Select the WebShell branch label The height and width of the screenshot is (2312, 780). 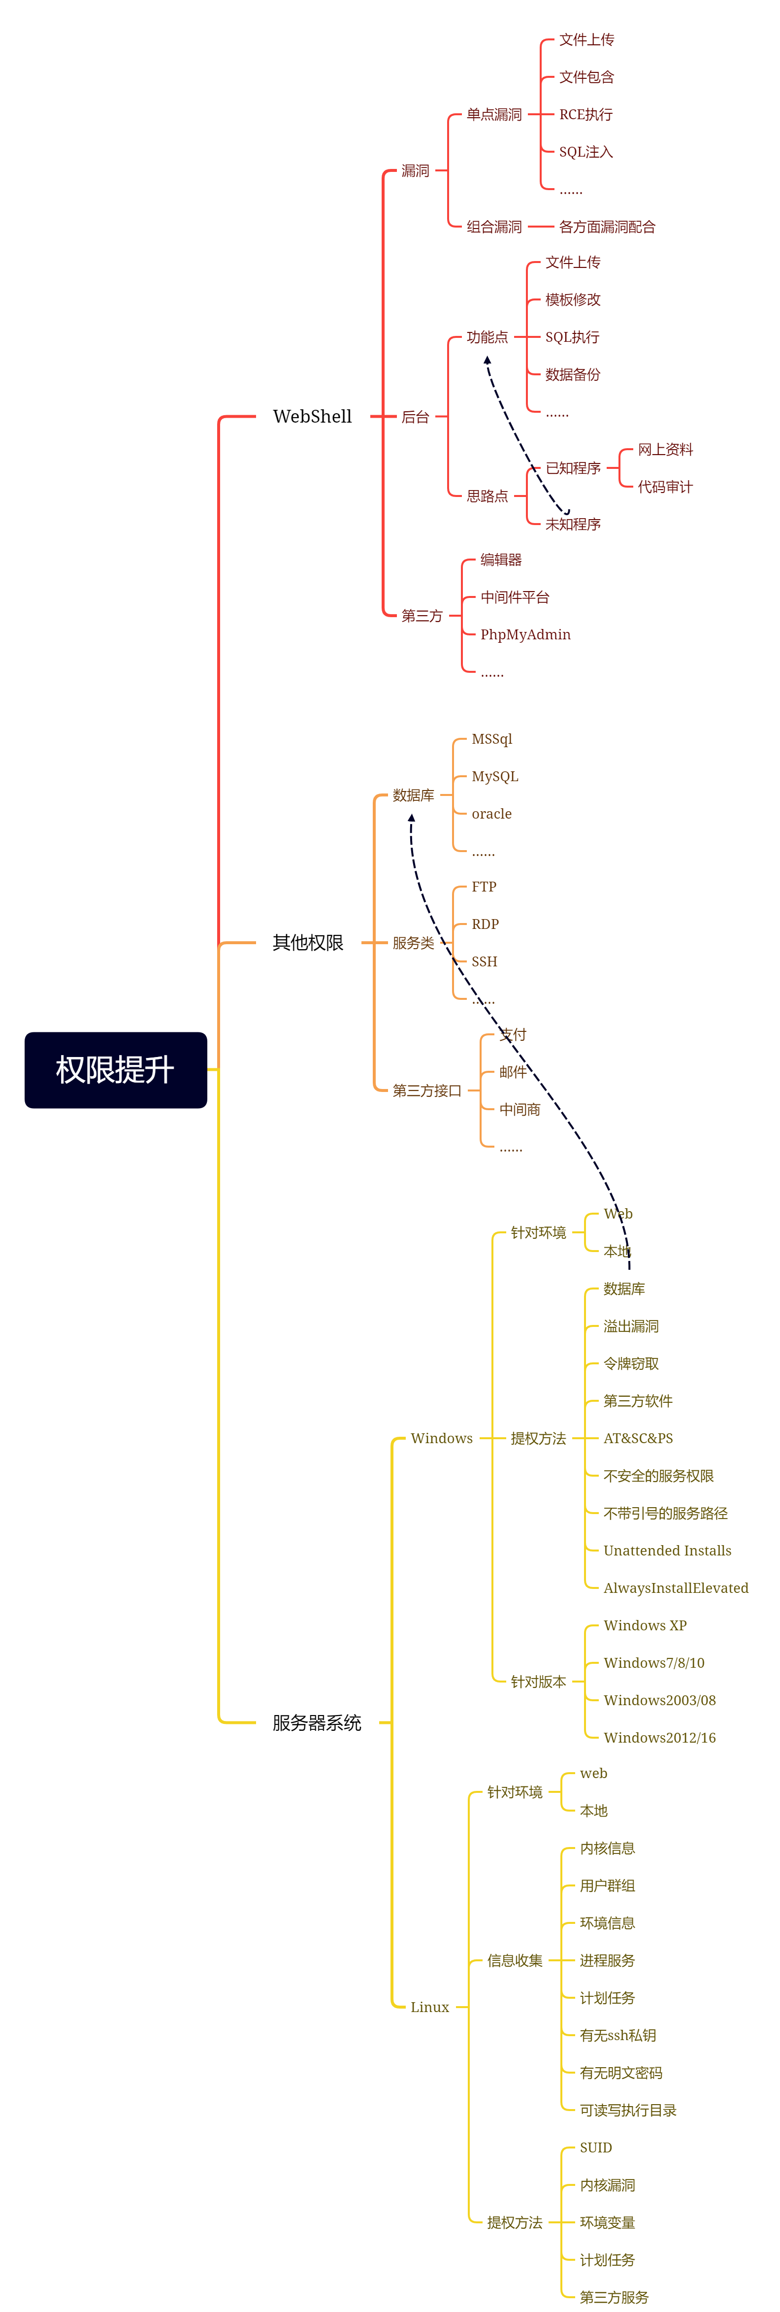pos(312,417)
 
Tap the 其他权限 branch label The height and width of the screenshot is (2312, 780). pos(308,942)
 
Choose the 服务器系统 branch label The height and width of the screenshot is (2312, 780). pos(316,1722)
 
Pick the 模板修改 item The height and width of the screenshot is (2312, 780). pos(573,300)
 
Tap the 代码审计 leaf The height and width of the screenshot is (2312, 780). pos(665,487)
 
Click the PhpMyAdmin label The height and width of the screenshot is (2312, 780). pos(525,634)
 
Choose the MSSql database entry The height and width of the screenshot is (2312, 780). pos(492,739)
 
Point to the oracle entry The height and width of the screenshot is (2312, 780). pos(492,814)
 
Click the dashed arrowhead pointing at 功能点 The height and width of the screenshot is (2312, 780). pos(487,360)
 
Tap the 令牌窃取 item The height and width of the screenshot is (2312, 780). pos(631,1363)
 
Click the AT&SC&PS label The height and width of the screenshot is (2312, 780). pos(638,1438)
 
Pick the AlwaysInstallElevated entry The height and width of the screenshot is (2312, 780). pos(676,1587)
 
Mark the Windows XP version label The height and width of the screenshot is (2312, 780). pos(645,1625)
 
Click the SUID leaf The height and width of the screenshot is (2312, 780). pos(595,2148)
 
